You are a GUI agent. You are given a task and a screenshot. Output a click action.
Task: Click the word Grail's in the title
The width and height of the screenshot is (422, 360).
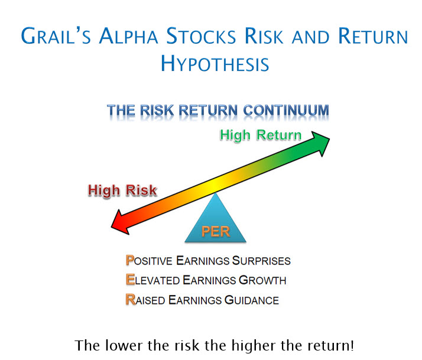click(x=56, y=36)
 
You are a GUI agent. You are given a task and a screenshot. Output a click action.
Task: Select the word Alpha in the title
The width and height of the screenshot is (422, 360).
click(x=128, y=36)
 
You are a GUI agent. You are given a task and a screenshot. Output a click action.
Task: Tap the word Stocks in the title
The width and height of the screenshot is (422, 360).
click(x=201, y=36)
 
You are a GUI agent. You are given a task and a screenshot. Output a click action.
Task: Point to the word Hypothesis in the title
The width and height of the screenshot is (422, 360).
click(x=215, y=64)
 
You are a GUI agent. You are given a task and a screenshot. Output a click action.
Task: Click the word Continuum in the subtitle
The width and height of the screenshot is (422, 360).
click(x=286, y=111)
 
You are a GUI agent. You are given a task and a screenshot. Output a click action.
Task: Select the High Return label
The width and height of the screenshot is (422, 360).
click(x=261, y=135)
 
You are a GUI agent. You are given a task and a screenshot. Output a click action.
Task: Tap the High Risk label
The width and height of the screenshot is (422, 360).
click(x=122, y=190)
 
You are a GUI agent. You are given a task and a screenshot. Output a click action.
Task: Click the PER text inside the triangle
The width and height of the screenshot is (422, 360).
click(x=216, y=232)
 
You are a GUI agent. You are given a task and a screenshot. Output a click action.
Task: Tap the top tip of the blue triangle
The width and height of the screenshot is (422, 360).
click(x=215, y=193)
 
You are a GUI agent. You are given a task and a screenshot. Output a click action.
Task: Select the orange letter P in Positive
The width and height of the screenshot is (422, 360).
click(x=129, y=260)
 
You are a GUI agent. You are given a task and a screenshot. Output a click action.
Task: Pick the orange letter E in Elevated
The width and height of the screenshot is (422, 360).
click(x=130, y=280)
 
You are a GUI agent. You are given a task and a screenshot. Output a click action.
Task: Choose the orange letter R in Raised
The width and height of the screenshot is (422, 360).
click(x=131, y=300)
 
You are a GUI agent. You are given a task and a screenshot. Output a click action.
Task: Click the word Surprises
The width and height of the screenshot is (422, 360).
click(x=261, y=261)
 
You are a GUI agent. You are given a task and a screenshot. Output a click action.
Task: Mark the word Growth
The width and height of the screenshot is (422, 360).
click(x=262, y=280)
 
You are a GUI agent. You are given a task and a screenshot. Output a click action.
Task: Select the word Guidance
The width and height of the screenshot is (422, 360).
click(x=252, y=300)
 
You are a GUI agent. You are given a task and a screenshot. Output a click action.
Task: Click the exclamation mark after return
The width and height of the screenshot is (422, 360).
click(x=352, y=345)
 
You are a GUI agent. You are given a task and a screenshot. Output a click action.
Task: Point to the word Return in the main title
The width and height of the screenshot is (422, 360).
click(x=373, y=36)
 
